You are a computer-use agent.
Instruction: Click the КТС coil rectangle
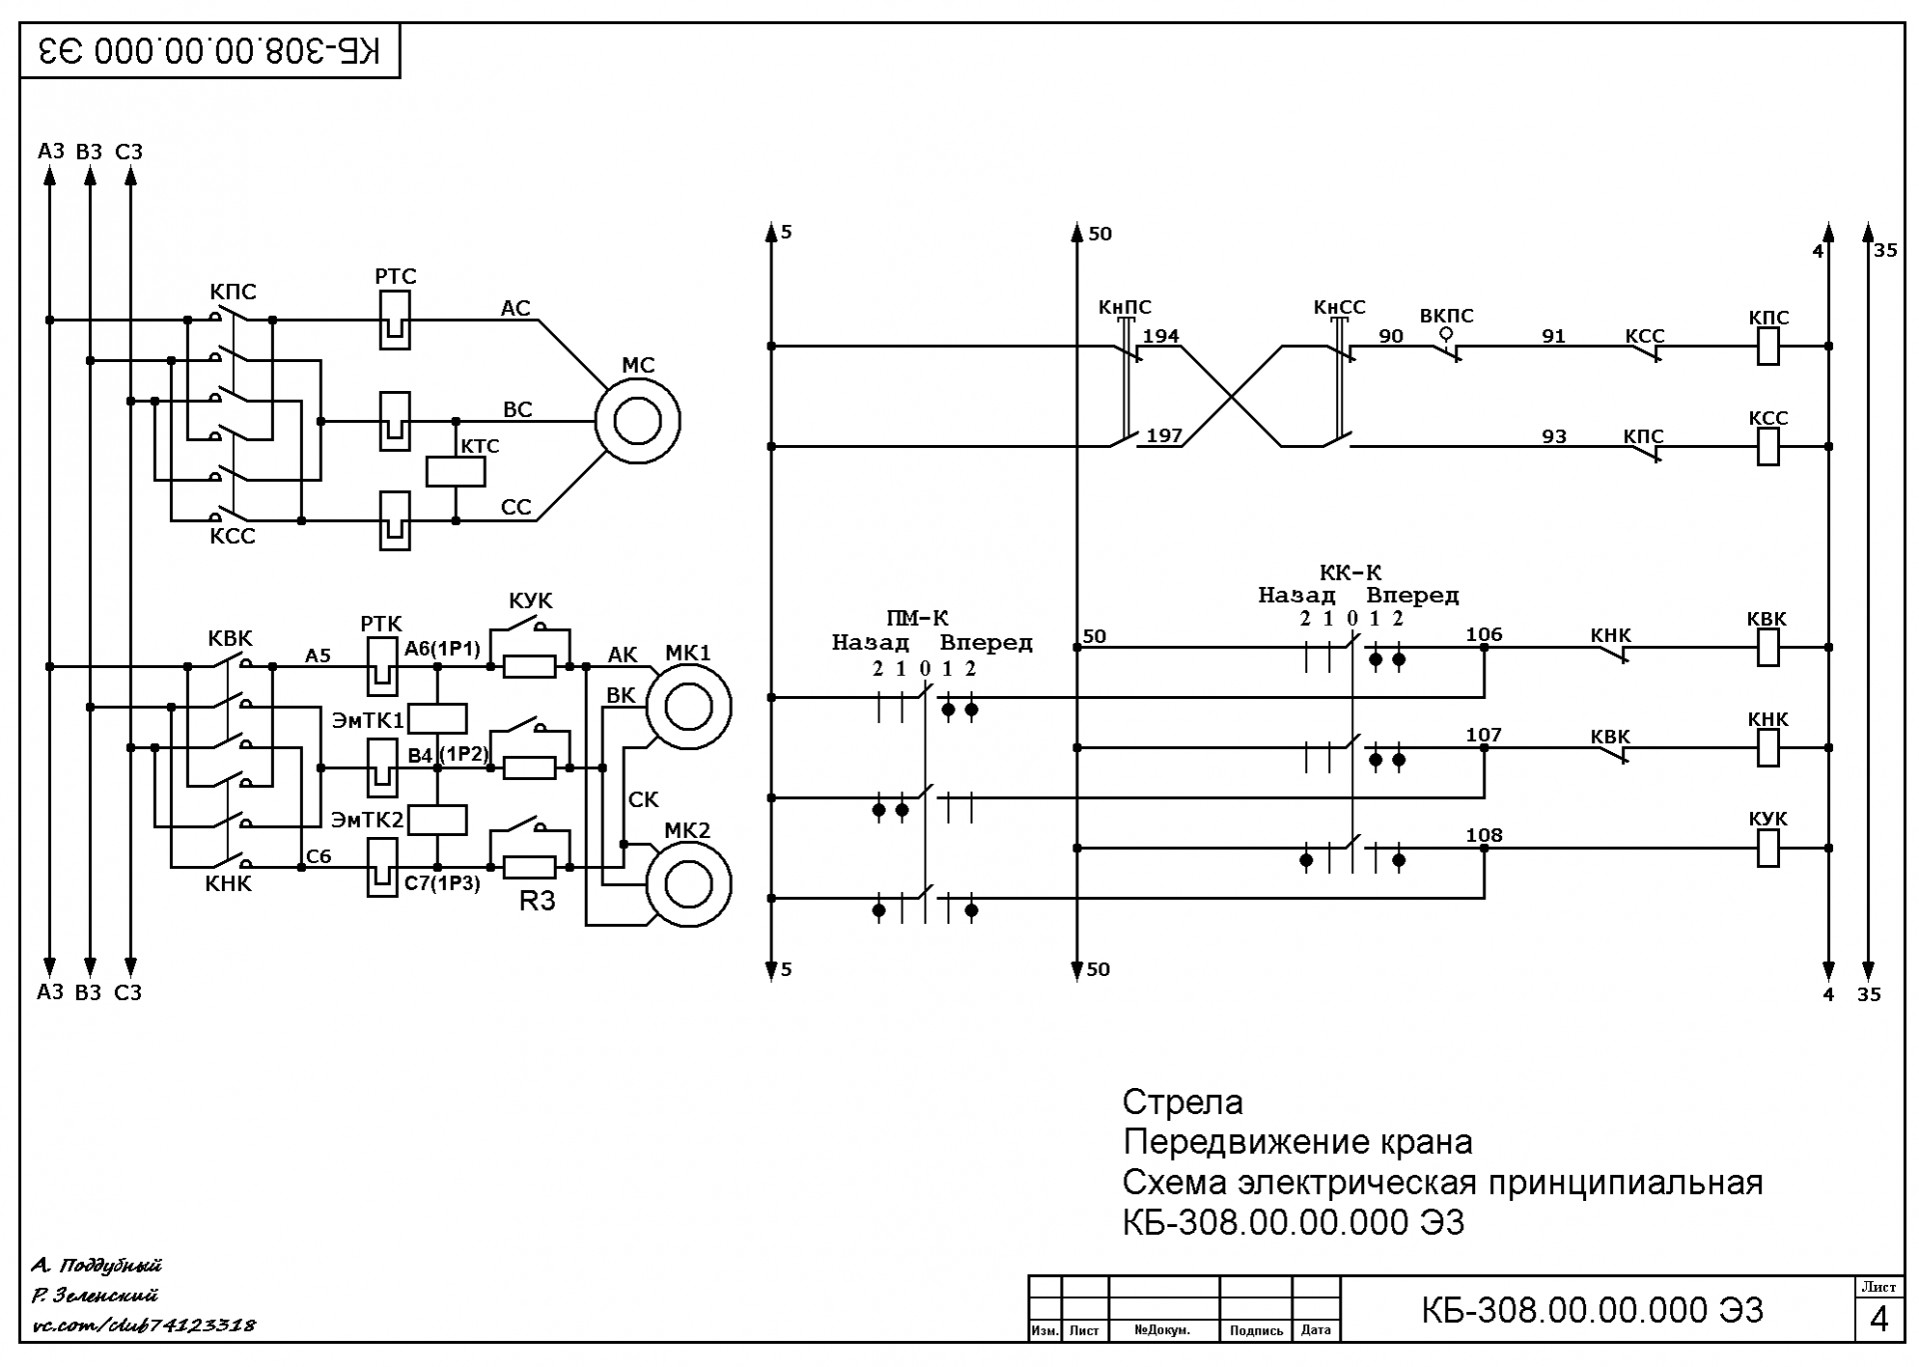click(x=456, y=471)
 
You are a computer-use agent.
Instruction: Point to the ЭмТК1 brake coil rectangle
click(x=438, y=718)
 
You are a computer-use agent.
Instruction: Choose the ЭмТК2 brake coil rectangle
click(x=438, y=819)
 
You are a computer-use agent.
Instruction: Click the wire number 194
click(x=1160, y=336)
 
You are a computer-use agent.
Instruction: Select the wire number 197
click(x=1164, y=436)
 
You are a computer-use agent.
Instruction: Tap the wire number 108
click(x=1484, y=835)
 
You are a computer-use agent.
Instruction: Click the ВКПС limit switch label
click(x=1446, y=316)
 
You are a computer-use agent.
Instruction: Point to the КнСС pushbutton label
click(x=1339, y=307)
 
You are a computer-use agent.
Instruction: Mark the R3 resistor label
click(x=537, y=901)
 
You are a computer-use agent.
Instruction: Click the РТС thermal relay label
click(x=395, y=276)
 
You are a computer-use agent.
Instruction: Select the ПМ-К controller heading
click(x=917, y=618)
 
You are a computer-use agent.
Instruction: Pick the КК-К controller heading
click(x=1350, y=573)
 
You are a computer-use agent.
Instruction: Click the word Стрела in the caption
click(x=1182, y=1102)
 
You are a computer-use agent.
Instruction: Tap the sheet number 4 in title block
click(x=1879, y=1320)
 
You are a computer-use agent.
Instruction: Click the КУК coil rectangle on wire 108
click(x=1768, y=848)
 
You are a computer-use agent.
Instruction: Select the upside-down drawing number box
click(x=210, y=51)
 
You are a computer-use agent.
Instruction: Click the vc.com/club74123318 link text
click(x=144, y=1326)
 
